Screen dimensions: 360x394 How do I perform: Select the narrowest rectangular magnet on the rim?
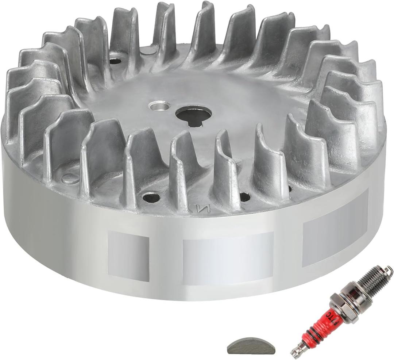[x=128, y=256]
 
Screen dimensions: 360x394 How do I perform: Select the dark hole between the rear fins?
[x=115, y=61]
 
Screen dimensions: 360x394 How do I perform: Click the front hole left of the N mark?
[x=151, y=198]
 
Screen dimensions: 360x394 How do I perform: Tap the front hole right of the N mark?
[x=245, y=197]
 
